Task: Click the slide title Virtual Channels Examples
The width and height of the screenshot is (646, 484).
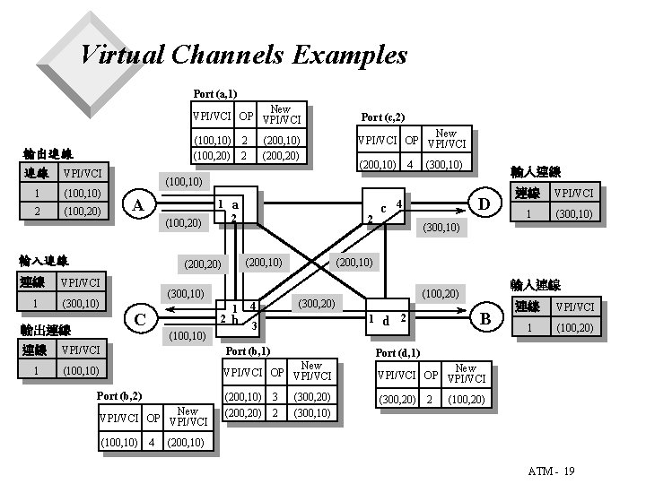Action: (x=243, y=56)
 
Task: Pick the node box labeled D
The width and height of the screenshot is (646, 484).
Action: (x=485, y=205)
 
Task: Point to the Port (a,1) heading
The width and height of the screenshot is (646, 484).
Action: (x=214, y=93)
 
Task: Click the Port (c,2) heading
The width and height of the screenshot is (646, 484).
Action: (x=382, y=117)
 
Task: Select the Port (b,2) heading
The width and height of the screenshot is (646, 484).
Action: (x=118, y=395)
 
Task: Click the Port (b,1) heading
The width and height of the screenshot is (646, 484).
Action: (x=248, y=350)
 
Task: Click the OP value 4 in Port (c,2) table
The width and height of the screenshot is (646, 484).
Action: (x=408, y=165)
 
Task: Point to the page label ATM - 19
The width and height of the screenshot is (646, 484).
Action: (x=551, y=471)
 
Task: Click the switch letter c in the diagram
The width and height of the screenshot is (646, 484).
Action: (x=383, y=208)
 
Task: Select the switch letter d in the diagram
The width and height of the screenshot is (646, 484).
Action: (x=386, y=321)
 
